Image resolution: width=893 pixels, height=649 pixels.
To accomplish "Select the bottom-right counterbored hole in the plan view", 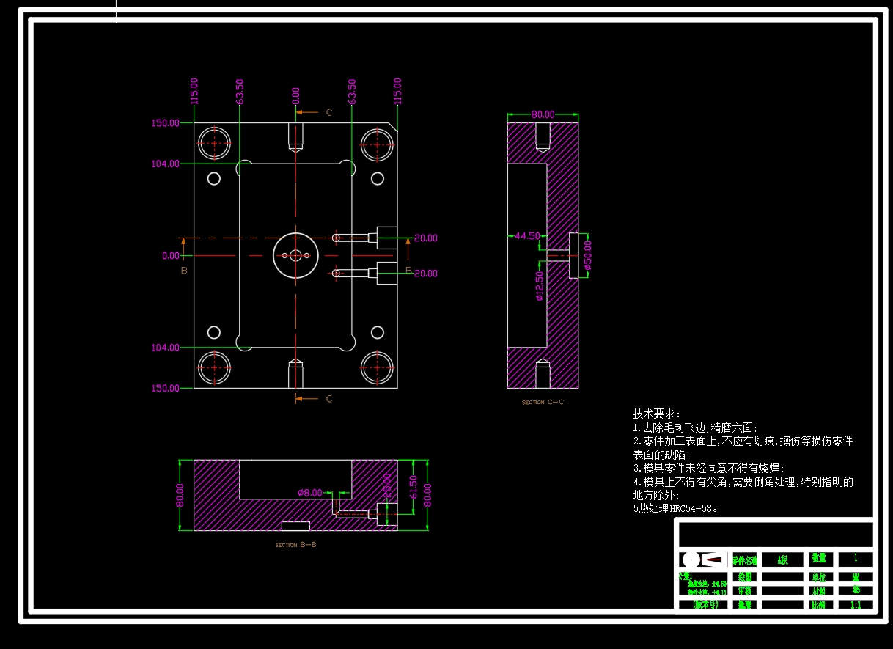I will (377, 368).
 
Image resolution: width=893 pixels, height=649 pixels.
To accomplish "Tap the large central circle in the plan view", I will (295, 255).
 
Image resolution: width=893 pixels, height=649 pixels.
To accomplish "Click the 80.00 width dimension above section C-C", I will (543, 114).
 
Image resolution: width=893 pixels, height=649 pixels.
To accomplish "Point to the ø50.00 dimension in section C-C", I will (587, 255).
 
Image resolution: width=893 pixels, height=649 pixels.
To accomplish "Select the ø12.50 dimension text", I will (540, 287).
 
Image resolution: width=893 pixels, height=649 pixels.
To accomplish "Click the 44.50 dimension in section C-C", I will (527, 236).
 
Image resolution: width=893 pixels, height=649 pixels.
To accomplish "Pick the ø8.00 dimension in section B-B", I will (309, 493).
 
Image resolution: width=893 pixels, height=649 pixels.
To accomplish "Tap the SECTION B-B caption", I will (295, 545).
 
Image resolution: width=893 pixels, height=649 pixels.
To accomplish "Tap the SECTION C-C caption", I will (543, 402).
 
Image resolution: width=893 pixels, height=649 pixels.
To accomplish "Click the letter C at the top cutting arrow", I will (329, 112).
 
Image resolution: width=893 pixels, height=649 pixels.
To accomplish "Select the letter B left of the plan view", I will (184, 271).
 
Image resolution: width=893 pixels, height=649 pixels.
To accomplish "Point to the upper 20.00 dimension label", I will (425, 238).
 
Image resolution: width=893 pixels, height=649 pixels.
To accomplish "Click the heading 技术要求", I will (656, 414).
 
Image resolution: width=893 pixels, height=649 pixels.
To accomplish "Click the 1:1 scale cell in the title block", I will (855, 605).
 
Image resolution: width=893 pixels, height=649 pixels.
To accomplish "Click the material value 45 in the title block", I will (855, 590).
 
